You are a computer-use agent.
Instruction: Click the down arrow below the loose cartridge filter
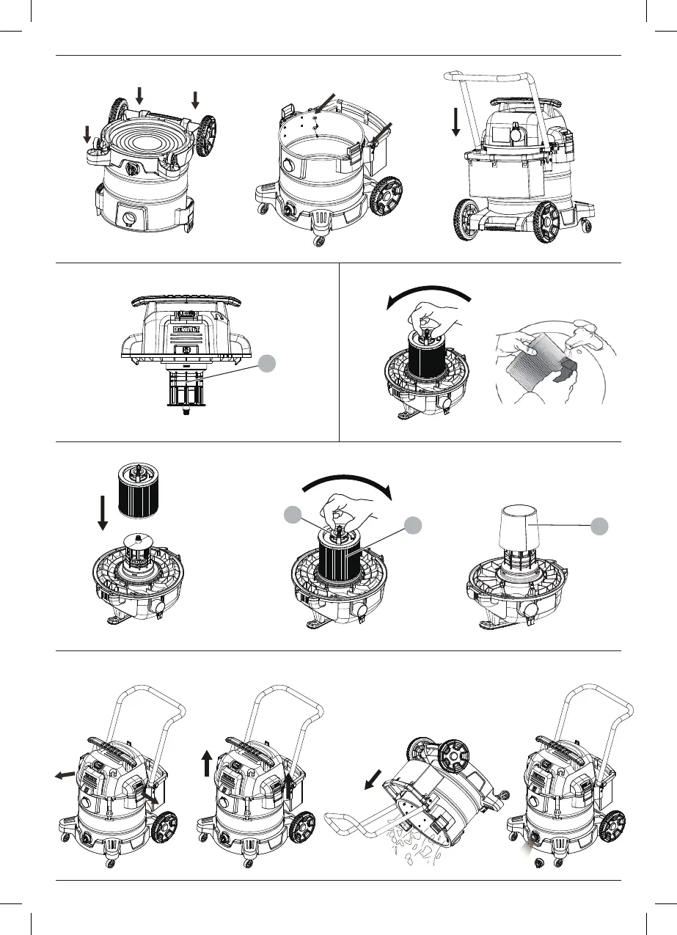pos(103,513)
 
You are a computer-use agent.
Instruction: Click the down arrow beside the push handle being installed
pos(455,120)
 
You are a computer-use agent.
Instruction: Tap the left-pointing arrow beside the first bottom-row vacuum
pos(64,774)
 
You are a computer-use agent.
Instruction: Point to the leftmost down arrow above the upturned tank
pos(87,135)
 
